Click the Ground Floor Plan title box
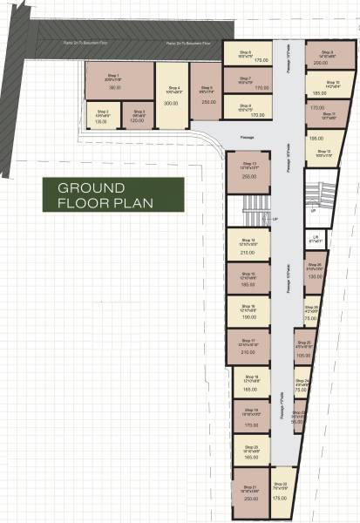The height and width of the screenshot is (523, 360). point(114,194)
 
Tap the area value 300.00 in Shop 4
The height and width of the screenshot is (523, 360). point(171,103)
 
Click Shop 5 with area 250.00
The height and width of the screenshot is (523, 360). point(207,94)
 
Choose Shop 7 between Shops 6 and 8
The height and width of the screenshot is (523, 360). point(248,81)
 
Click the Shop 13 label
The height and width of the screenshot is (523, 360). point(248,163)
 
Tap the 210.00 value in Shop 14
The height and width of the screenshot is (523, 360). point(248,252)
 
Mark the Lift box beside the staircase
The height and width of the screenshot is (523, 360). point(315,238)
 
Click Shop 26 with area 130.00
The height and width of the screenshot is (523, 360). point(315,272)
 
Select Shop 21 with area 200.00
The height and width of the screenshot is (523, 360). point(251,493)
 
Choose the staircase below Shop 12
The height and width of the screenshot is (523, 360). point(324,199)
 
